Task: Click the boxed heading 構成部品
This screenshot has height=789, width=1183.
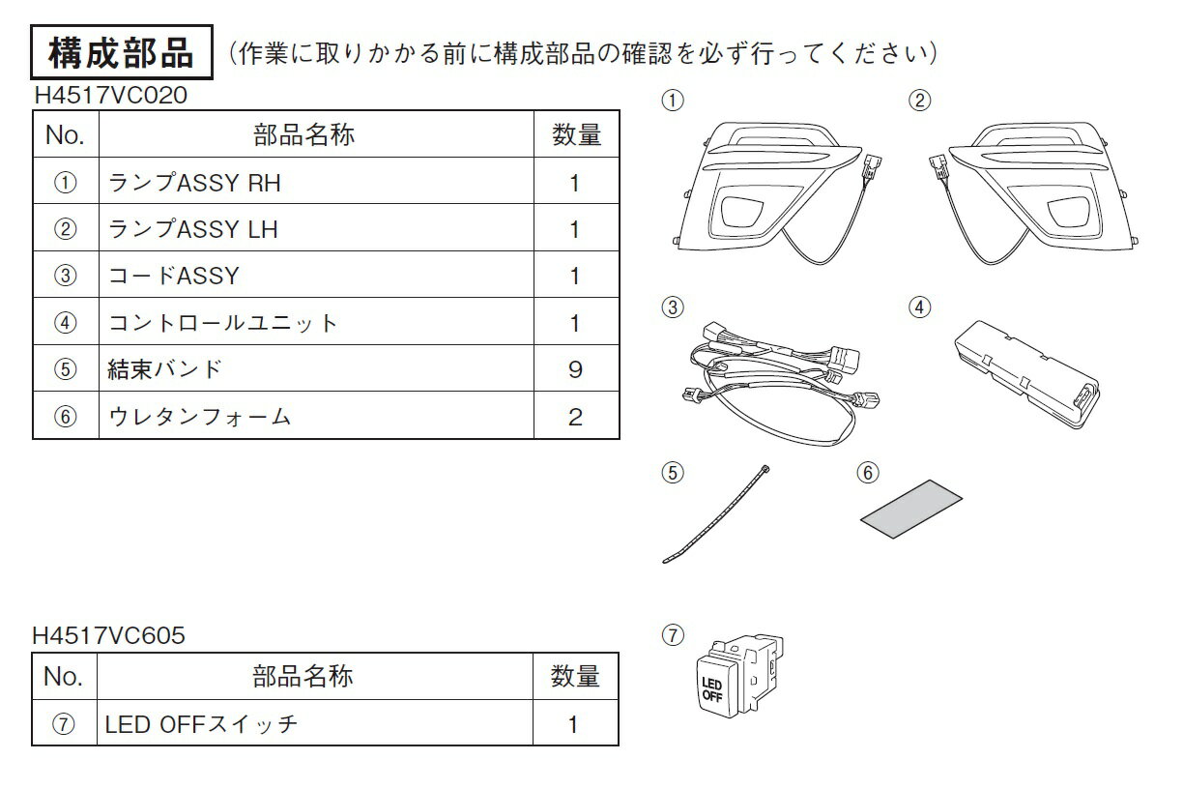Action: point(122,52)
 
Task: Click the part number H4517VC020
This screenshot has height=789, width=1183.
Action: point(111,96)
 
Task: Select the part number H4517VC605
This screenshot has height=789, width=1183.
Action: point(109,635)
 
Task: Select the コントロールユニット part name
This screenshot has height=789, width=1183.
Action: point(222,323)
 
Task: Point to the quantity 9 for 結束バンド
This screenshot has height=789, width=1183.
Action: point(576,369)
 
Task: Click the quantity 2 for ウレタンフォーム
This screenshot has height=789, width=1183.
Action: point(576,417)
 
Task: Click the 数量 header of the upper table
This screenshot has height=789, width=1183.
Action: point(577,134)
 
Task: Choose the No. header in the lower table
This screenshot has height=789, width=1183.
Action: point(64,676)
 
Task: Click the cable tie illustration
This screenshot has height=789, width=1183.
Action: point(716,514)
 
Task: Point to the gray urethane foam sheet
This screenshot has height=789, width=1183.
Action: point(911,509)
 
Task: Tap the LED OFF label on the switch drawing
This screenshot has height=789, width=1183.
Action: point(712,689)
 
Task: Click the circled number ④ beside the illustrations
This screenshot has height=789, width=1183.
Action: point(919,307)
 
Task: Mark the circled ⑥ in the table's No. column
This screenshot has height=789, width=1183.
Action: point(66,417)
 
